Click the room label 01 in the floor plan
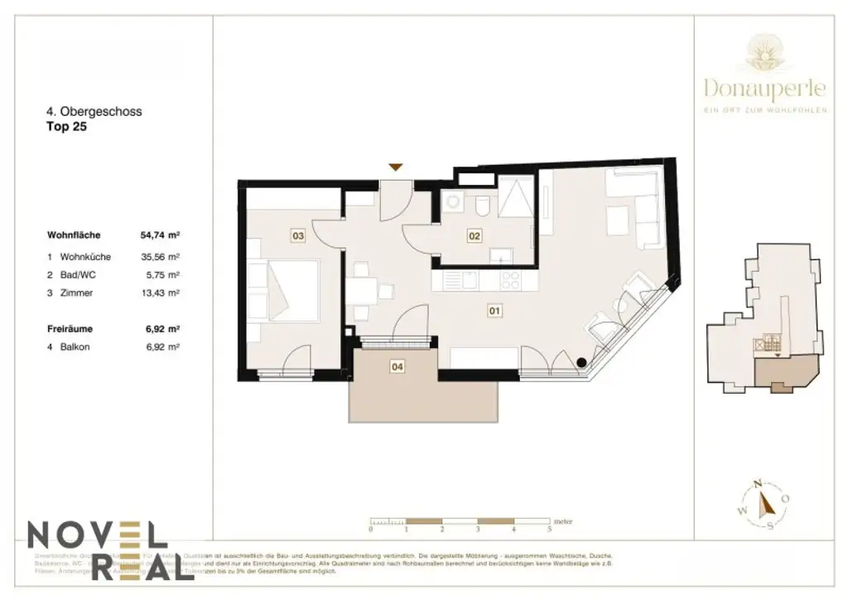point(494,312)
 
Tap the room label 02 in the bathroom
point(475,236)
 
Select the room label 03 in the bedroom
point(298,236)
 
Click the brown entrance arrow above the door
point(397,167)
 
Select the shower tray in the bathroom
point(519,199)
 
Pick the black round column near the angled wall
point(583,361)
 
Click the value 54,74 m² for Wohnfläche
point(161,235)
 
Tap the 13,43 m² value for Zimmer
point(161,293)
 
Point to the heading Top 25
point(66,128)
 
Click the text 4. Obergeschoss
point(94,112)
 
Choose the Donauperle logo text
point(764,87)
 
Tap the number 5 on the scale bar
point(550,528)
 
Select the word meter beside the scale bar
point(564,520)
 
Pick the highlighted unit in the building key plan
point(783,375)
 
